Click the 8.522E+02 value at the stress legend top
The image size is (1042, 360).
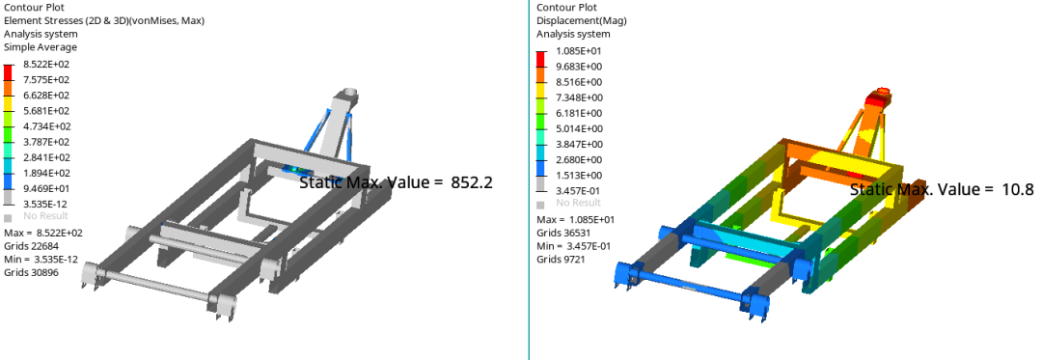[x=46, y=65]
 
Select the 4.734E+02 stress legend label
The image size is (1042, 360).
[x=46, y=126]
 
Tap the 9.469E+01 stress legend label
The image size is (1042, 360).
[x=46, y=188]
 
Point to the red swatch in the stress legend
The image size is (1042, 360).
[x=8, y=71]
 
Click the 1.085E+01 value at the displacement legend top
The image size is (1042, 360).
[x=579, y=51]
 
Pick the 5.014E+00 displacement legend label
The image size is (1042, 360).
[x=579, y=128]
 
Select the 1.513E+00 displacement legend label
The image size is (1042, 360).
[x=579, y=175]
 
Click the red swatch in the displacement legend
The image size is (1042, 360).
[x=540, y=59]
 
